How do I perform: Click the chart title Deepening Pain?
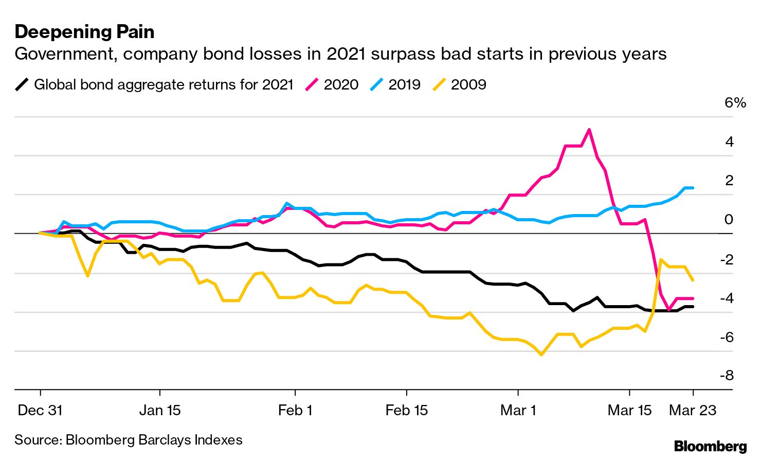point(84,32)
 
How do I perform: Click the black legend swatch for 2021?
point(22,84)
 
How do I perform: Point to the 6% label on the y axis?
point(735,102)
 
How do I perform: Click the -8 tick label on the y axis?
point(727,375)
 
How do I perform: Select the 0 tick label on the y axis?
point(729,219)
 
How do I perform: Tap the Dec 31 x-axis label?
point(40,410)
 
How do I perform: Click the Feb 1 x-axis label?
point(295,410)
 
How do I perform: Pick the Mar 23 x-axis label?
point(693,410)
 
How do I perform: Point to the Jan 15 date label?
point(160,410)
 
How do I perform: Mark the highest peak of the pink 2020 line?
point(589,129)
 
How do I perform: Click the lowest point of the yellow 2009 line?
point(541,355)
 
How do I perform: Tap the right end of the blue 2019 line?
point(693,188)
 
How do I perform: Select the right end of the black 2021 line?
point(693,307)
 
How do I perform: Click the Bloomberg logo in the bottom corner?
point(710,446)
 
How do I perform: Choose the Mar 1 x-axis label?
point(518,410)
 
